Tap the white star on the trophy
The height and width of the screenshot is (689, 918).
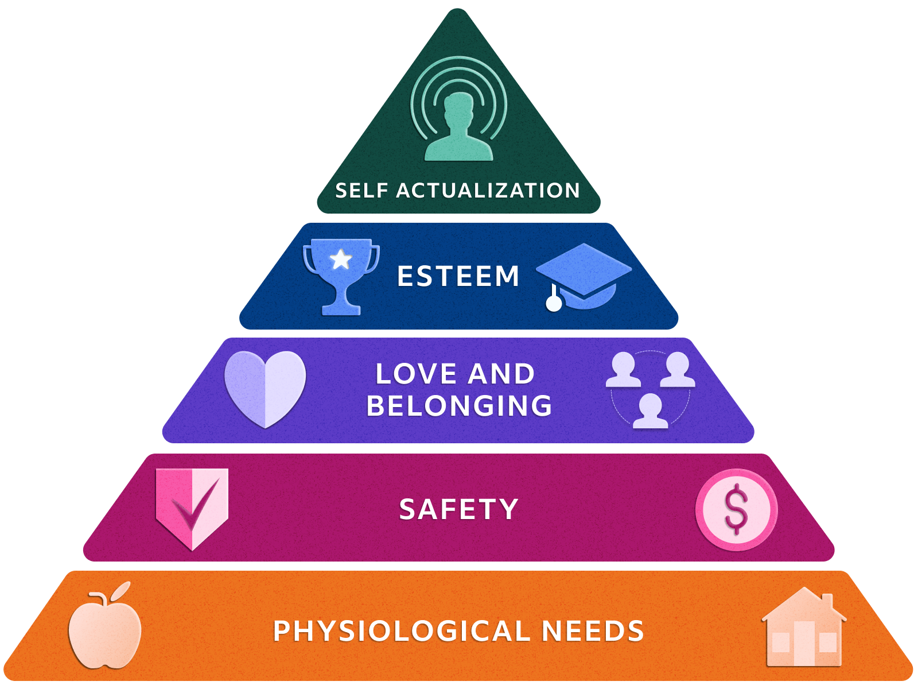341,260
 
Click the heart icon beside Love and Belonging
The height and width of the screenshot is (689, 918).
265,388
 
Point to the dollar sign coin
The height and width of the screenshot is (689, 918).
736,510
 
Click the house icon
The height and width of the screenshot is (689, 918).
804,632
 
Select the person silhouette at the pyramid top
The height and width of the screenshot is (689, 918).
458,127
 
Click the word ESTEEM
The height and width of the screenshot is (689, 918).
458,276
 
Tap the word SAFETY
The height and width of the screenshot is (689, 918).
458,509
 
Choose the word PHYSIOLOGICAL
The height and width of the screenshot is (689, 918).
401,631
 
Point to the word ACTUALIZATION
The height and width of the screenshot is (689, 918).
488,191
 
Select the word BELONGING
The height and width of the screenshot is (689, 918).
459,406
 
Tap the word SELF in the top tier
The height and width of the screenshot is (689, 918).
361,191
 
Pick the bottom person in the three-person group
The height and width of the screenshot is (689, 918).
650,411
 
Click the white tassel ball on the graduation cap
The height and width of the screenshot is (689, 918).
554,303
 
